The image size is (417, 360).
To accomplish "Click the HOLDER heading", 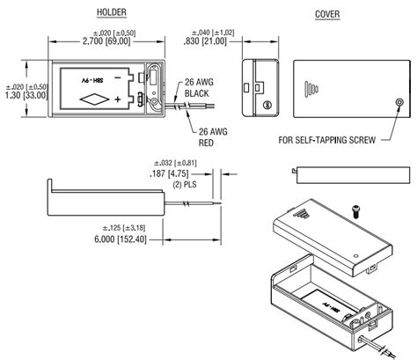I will coord(111,13).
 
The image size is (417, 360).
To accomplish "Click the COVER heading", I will coord(327,13).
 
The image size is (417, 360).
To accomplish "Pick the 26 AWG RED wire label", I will coord(212,136).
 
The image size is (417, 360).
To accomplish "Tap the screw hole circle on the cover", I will coord(401,104).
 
